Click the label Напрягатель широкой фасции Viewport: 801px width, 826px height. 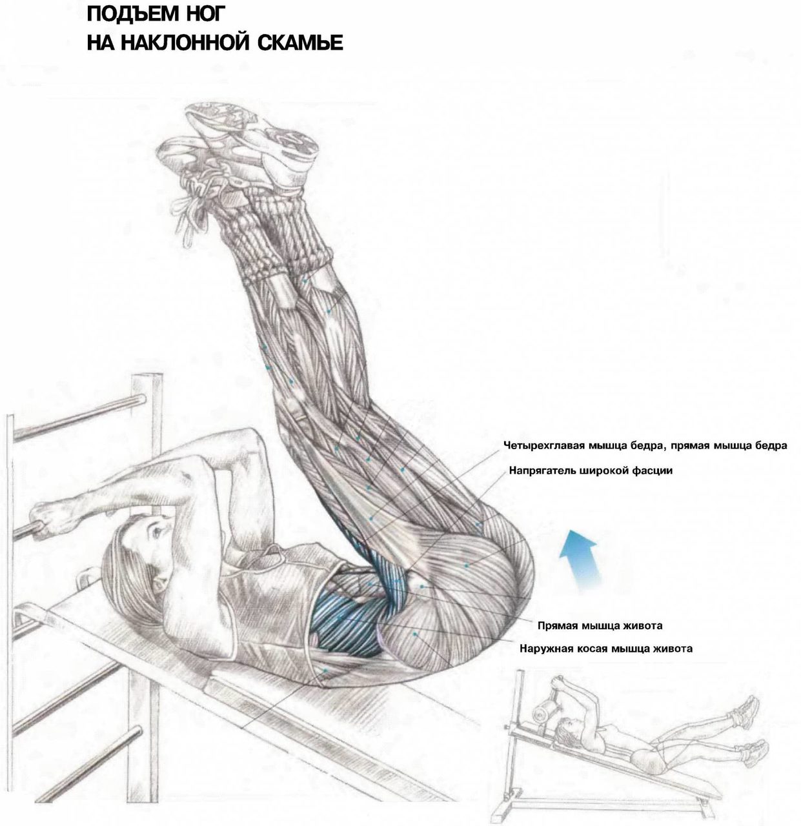click(591, 470)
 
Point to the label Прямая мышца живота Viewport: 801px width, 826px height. click(600, 626)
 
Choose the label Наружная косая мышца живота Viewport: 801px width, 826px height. click(605, 649)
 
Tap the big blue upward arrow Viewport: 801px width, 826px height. click(579, 558)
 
